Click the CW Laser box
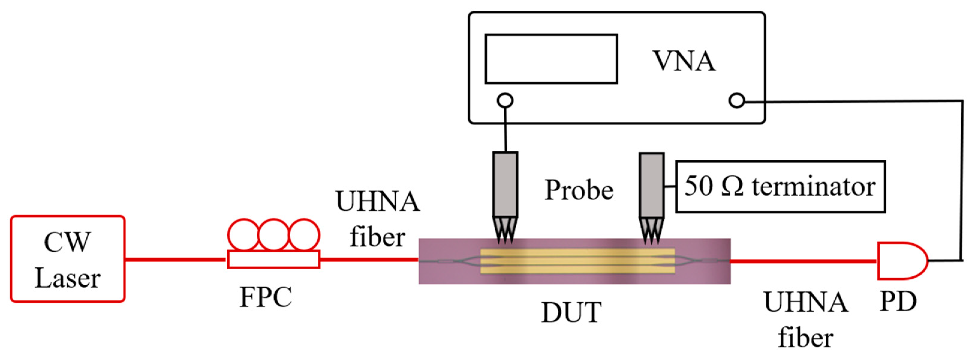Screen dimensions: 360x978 67,259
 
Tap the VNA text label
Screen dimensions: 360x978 683,61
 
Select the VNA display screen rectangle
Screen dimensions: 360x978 551,59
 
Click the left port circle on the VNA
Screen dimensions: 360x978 505,101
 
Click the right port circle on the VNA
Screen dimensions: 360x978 737,101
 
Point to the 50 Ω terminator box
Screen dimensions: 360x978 780,186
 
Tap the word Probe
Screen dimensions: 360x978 579,189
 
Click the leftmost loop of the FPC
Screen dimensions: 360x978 243,235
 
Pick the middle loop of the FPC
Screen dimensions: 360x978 273,235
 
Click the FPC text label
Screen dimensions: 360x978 266,297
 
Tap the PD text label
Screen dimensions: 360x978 898,302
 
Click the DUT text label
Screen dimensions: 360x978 571,312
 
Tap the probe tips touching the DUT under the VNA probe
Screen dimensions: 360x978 505,231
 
